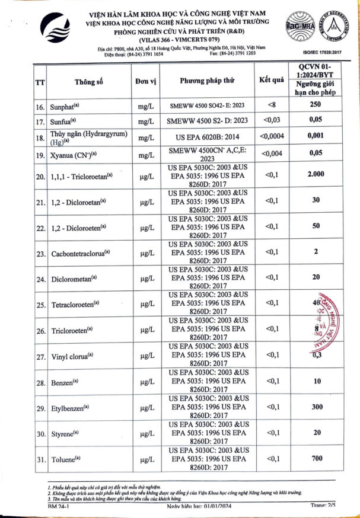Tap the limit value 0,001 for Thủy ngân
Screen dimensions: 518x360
point(314,136)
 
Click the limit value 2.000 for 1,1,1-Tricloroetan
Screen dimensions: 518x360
point(314,175)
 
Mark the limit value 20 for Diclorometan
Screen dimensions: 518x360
point(314,277)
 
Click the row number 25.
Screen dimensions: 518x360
point(41,305)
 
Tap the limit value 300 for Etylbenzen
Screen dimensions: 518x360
point(314,407)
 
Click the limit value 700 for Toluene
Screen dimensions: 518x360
point(314,459)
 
